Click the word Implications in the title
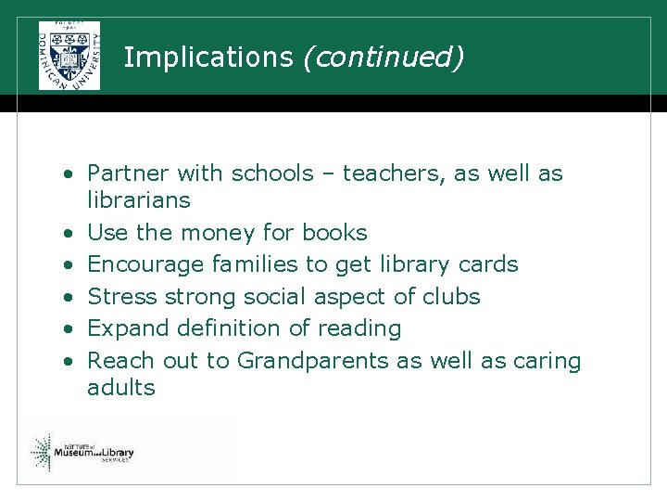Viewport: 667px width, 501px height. (x=208, y=58)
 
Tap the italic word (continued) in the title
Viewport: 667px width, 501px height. (x=382, y=58)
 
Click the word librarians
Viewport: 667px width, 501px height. (x=138, y=200)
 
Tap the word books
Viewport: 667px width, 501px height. (x=334, y=233)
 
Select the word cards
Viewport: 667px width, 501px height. (x=488, y=264)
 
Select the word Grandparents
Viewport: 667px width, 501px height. (x=314, y=361)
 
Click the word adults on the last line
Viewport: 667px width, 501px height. (x=121, y=388)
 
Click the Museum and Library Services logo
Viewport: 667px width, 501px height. (x=83, y=452)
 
